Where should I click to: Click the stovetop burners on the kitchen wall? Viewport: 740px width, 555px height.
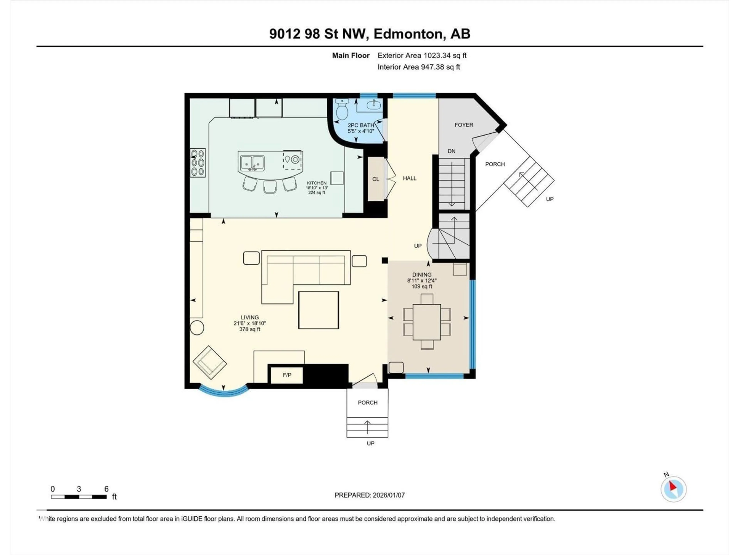point(197,163)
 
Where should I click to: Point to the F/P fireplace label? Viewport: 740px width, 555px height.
point(287,375)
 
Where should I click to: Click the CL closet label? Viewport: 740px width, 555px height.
point(376,179)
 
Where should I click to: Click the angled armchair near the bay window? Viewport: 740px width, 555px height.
point(210,362)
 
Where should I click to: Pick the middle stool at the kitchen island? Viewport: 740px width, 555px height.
point(270,186)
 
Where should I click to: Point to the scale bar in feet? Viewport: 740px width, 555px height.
point(79,497)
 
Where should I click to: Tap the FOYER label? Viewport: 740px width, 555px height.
point(464,125)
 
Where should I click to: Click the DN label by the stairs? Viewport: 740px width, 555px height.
point(451,151)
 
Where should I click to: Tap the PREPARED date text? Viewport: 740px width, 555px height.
point(369,495)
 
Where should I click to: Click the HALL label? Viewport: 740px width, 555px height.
point(410,178)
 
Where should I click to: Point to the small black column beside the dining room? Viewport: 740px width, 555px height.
point(385,260)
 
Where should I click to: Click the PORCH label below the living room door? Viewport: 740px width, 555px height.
point(367,402)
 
